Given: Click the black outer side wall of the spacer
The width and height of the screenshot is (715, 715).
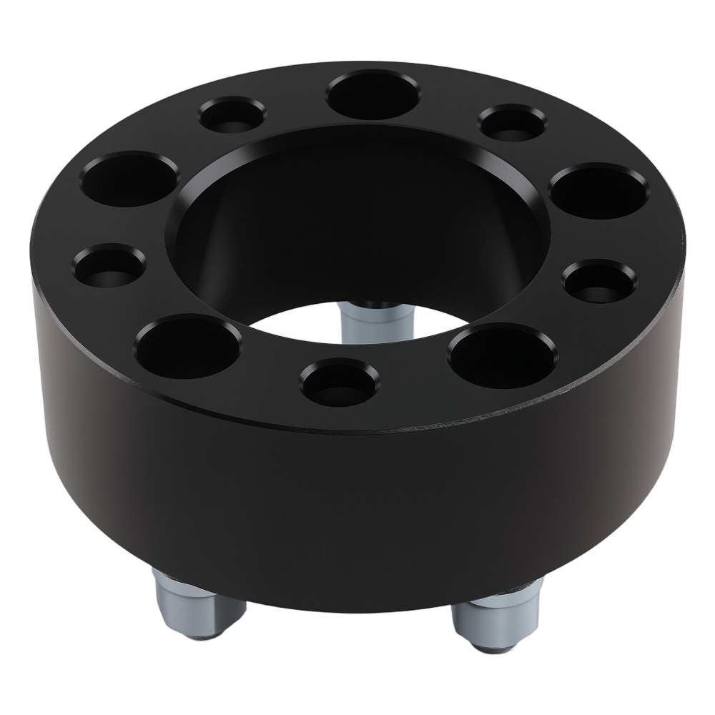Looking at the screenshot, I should pyautogui.click(x=357, y=500).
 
